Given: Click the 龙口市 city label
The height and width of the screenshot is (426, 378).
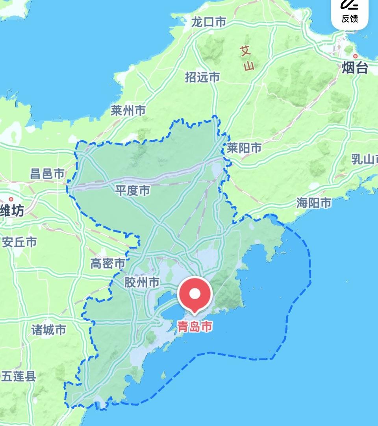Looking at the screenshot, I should (209, 22).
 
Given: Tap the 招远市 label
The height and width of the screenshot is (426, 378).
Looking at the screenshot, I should (202, 77).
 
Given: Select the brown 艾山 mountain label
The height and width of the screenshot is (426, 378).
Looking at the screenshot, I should (247, 58).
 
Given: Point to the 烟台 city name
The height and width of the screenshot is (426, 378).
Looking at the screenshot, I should (355, 68).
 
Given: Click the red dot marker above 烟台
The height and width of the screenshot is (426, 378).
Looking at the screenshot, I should (356, 56).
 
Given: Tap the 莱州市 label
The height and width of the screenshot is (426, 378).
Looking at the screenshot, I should (128, 111).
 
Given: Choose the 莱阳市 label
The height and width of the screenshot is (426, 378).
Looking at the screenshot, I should (244, 148).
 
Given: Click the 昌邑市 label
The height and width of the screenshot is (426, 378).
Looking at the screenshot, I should (47, 174).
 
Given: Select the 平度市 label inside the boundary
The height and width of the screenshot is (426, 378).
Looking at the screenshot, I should (133, 191).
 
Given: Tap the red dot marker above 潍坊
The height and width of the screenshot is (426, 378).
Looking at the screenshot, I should (11, 200).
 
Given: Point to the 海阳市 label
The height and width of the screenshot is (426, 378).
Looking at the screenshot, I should (314, 203).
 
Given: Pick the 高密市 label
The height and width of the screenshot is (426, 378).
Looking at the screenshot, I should (108, 263).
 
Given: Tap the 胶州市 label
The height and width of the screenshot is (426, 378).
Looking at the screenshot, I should (142, 282).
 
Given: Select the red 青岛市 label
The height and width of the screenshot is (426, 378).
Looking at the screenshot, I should (195, 327).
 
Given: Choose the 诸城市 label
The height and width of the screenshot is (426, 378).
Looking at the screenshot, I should (49, 330).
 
